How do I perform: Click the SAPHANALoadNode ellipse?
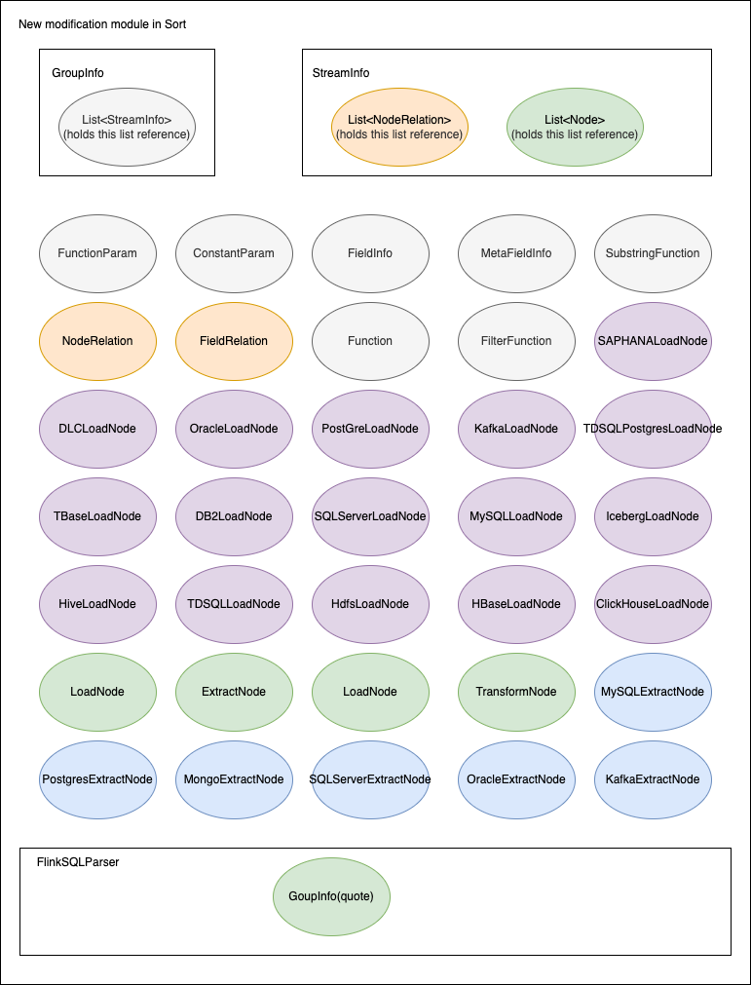click(x=653, y=341)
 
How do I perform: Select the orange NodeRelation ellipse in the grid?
click(x=97, y=341)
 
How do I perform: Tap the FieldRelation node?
click(x=234, y=341)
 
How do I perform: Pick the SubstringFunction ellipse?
click(x=653, y=253)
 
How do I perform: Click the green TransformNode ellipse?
click(x=516, y=692)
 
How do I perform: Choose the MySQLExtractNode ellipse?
click(x=653, y=692)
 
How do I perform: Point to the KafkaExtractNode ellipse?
click(x=653, y=779)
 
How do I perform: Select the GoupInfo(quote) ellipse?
click(x=331, y=896)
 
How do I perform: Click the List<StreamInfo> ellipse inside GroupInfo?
click(x=127, y=127)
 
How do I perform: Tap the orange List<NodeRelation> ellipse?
click(x=399, y=127)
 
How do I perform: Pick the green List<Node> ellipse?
click(x=575, y=127)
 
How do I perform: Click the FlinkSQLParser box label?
click(x=78, y=862)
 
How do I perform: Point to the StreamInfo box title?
click(x=341, y=73)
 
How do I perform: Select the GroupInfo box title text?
click(x=78, y=73)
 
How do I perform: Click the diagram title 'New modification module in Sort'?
click(x=102, y=23)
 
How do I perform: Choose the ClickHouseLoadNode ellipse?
click(x=653, y=604)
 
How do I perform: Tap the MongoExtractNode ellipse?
click(x=234, y=779)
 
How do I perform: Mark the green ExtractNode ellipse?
click(x=234, y=692)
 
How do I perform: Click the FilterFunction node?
click(x=516, y=341)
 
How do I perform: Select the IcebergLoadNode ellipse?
click(x=653, y=516)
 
